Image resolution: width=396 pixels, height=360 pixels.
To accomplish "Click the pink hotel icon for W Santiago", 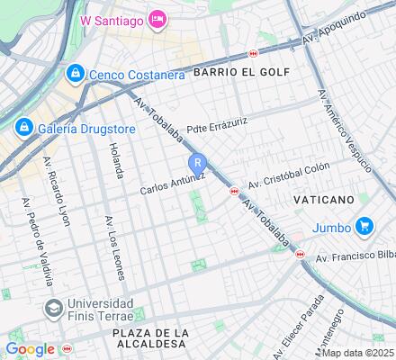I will pyautogui.click(x=156, y=19).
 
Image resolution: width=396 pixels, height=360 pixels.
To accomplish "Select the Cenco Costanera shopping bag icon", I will pyautogui.click(x=76, y=73).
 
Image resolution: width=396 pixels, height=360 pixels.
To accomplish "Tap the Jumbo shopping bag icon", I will pyautogui.click(x=364, y=226).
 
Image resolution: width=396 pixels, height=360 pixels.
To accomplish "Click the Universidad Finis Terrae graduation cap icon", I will pyautogui.click(x=53, y=309).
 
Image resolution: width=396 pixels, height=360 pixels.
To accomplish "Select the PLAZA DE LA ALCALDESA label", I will pyautogui.click(x=151, y=339).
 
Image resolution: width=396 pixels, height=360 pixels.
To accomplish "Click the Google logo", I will pyautogui.click(x=31, y=349).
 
